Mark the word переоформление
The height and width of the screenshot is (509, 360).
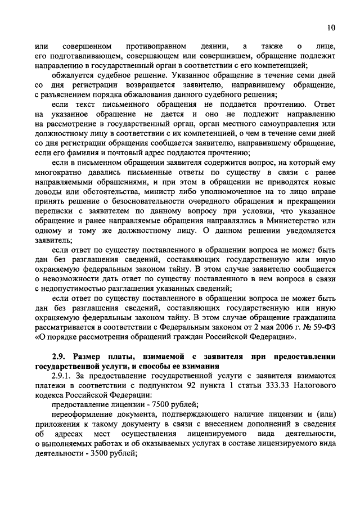tap(83, 415)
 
